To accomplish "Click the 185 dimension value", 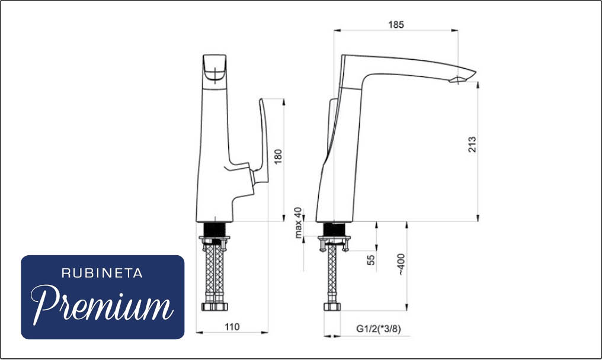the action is (396, 24).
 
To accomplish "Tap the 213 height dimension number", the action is (472, 144).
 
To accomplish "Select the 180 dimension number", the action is (278, 156).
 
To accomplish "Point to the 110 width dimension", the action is (232, 327).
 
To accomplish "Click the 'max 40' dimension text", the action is (298, 223).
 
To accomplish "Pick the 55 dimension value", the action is (371, 260).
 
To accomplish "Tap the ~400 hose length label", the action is (401, 264).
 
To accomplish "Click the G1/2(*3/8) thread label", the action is (379, 329).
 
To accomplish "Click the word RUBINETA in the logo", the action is (102, 274).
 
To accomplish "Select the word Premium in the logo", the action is (102, 304).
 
